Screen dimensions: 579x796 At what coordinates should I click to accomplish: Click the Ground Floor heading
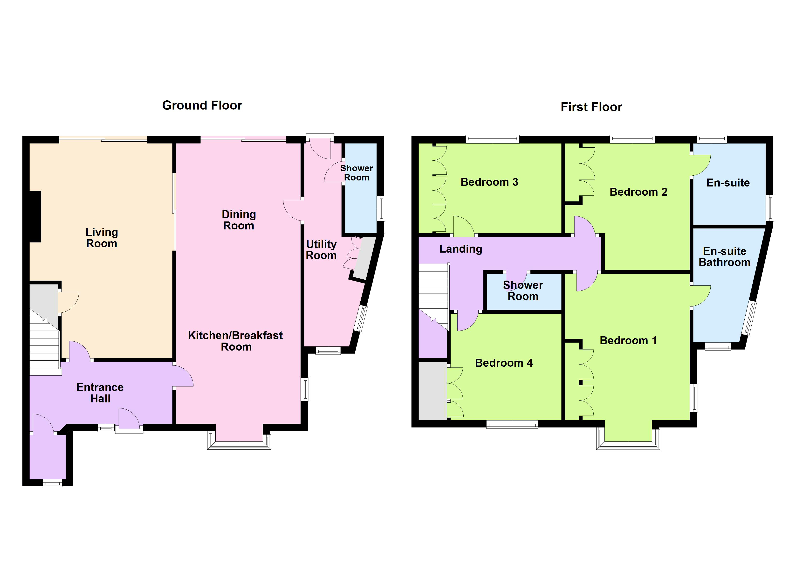(202, 105)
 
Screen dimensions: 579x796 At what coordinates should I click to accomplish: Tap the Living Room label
(102, 238)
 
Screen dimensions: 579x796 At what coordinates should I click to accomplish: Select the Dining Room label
(239, 220)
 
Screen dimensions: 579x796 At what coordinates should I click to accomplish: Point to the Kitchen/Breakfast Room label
(235, 341)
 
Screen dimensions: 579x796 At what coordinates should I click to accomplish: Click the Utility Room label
(321, 250)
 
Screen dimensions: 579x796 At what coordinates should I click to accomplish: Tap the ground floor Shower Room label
(357, 173)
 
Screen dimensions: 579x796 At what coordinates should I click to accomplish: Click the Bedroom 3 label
(489, 182)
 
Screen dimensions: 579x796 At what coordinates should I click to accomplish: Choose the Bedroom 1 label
(628, 340)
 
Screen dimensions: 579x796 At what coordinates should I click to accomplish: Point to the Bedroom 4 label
(504, 363)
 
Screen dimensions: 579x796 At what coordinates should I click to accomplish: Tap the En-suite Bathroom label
(724, 257)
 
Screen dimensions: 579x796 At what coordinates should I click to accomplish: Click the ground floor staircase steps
(44, 351)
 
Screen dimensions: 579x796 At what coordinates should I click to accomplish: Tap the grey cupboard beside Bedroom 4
(432, 390)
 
